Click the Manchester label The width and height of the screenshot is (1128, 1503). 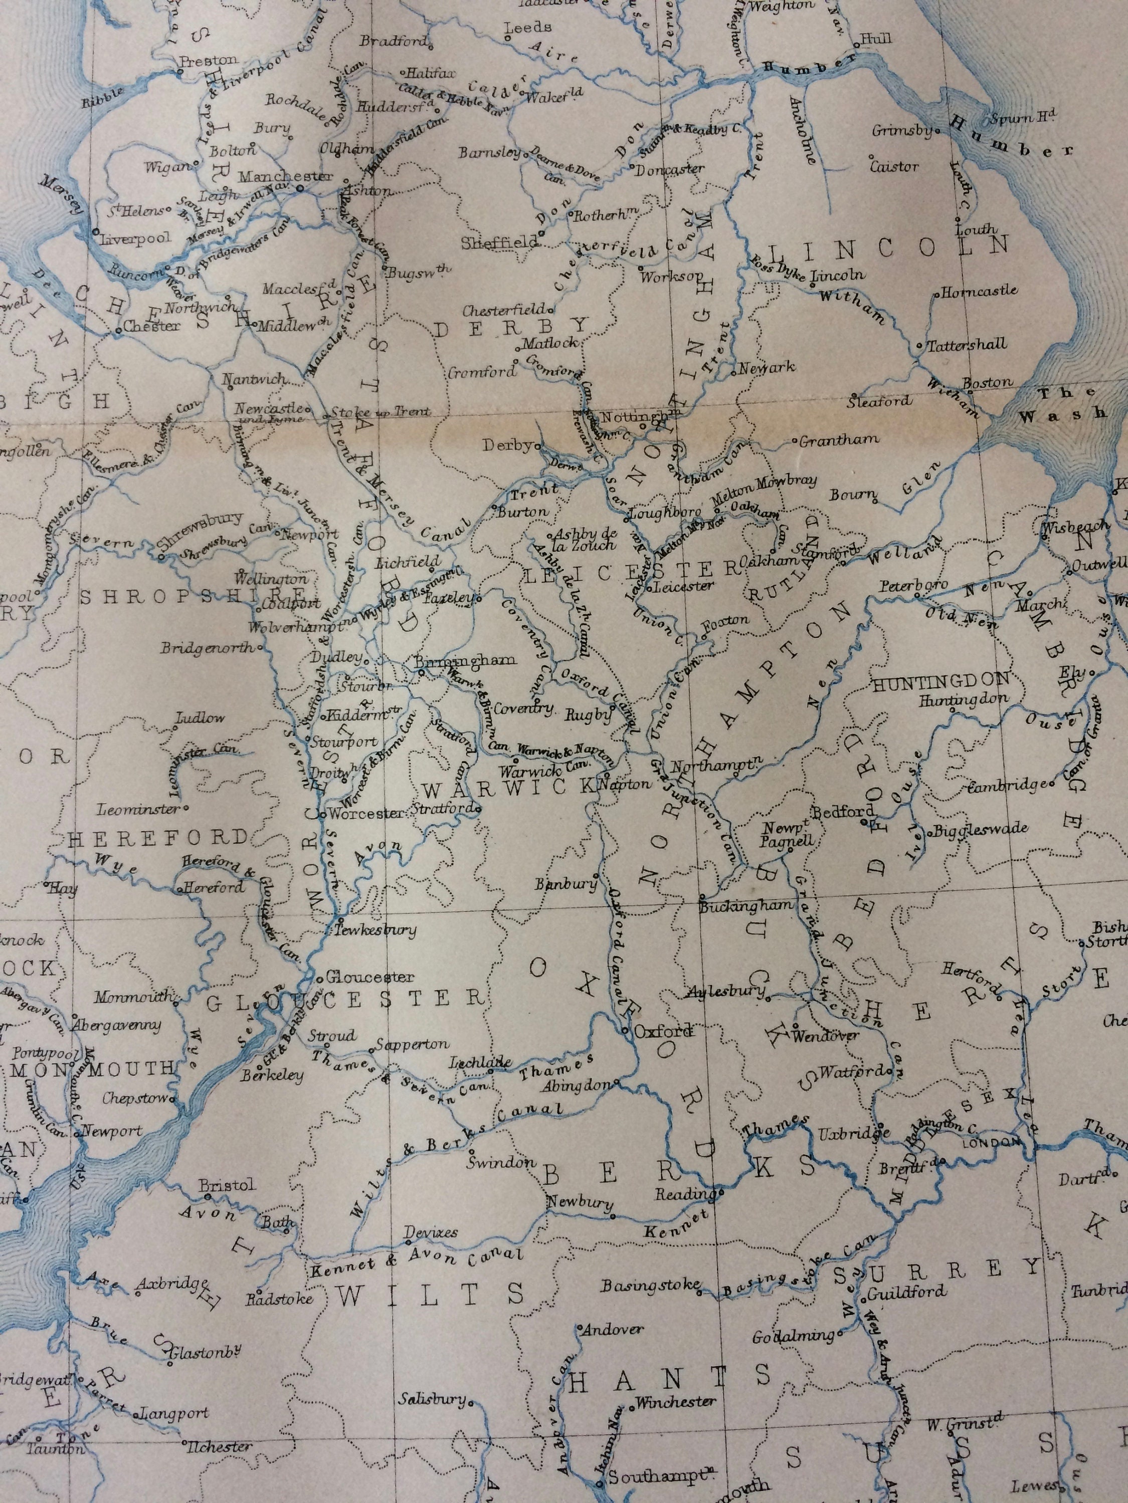[286, 176]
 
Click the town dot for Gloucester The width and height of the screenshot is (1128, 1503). [319, 978]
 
